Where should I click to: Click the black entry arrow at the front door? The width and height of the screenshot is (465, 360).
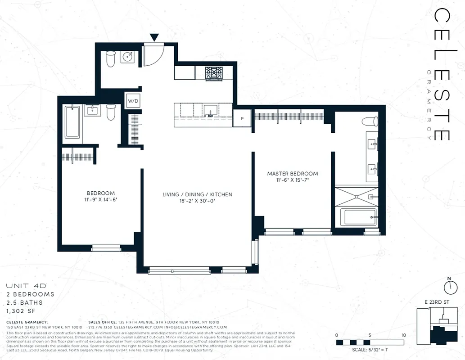(154, 38)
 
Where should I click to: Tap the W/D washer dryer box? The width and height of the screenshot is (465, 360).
(133, 101)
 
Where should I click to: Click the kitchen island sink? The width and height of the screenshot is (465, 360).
(210, 110)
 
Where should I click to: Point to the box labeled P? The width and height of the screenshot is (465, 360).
(243, 118)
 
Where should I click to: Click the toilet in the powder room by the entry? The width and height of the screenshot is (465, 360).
(110, 58)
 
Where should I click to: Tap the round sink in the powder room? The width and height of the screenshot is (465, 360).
(128, 57)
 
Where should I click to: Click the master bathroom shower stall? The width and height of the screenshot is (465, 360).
(356, 196)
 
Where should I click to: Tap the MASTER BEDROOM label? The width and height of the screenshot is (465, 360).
(293, 174)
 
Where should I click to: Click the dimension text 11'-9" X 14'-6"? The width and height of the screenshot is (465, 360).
(100, 199)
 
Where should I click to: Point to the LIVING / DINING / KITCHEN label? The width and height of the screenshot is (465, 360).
(197, 194)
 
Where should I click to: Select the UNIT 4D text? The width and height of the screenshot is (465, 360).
(26, 286)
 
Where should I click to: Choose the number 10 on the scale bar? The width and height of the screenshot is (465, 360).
(404, 335)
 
